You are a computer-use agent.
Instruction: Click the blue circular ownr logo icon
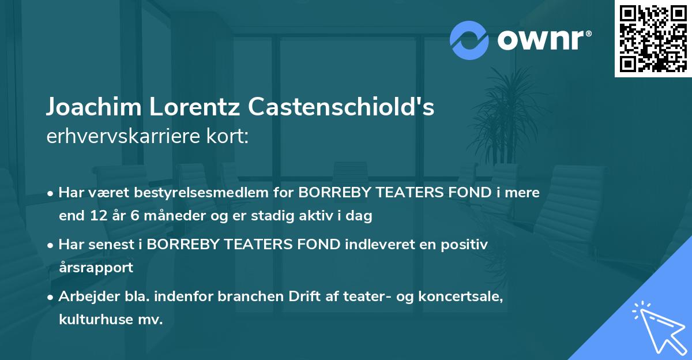point(469,40)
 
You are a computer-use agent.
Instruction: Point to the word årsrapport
point(96,268)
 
